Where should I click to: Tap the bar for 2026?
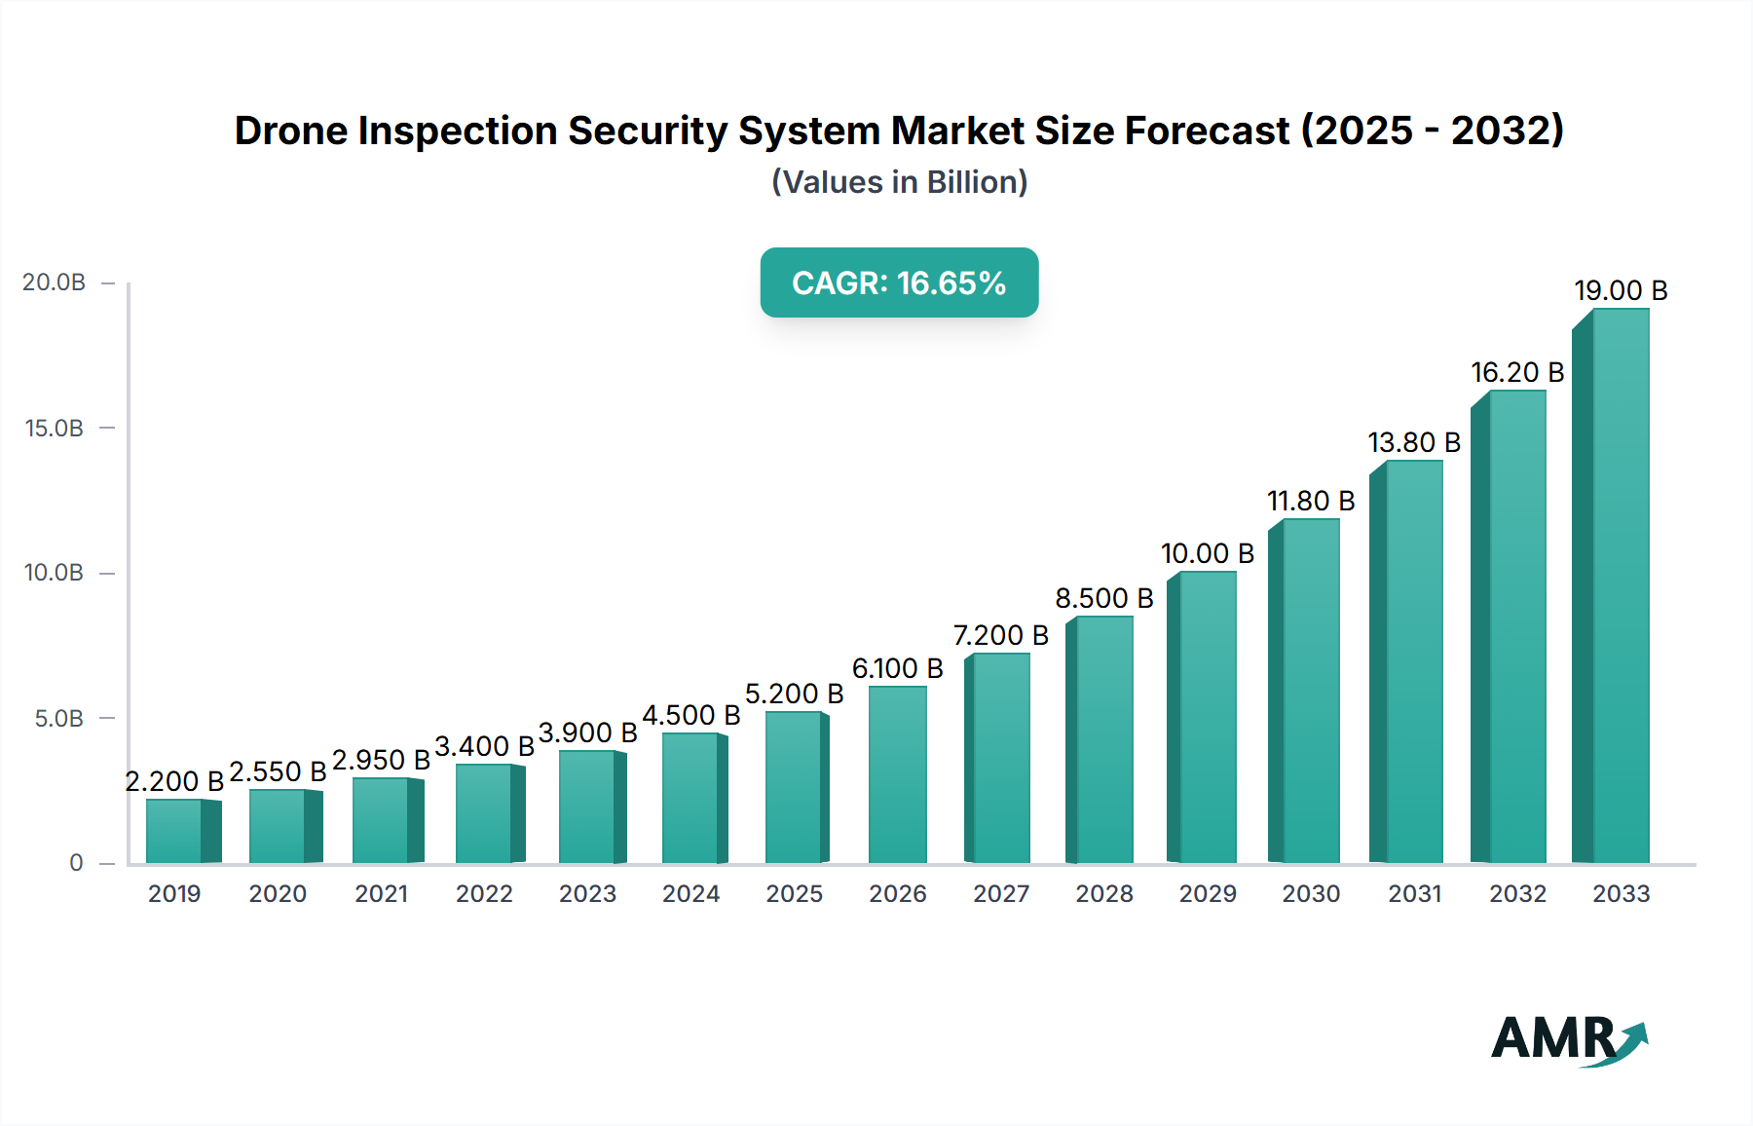(897, 775)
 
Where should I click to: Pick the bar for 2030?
(1308, 692)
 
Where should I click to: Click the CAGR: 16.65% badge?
(899, 282)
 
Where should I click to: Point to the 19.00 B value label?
(1621, 291)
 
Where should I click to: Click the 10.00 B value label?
(1207, 554)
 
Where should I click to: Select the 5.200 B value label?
(794, 694)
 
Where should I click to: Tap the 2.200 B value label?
(174, 781)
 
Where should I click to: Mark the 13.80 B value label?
(1414, 443)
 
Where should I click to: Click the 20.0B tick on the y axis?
(55, 282)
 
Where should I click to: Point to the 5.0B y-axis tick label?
(58, 719)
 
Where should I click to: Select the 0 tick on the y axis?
(76, 863)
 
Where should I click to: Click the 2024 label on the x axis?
(690, 894)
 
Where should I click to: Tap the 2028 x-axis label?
(1103, 894)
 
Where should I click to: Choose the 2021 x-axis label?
(381, 894)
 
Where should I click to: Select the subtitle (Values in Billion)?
(899, 182)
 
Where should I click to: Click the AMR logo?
(1568, 1039)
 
